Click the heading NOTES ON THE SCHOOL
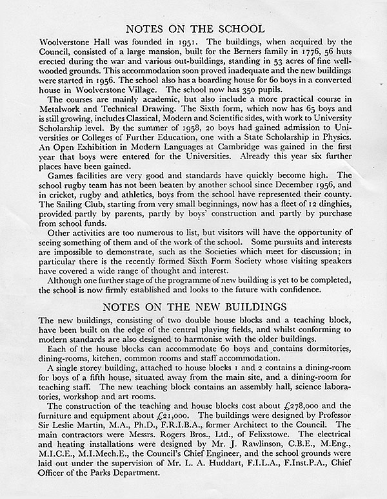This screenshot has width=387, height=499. tap(194, 28)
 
